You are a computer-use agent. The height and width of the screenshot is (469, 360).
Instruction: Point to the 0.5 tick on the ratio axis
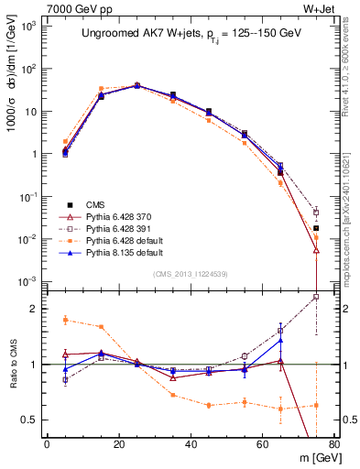coord(36,420)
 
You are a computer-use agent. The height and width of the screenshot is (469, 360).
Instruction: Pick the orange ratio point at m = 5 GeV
coord(65,320)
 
